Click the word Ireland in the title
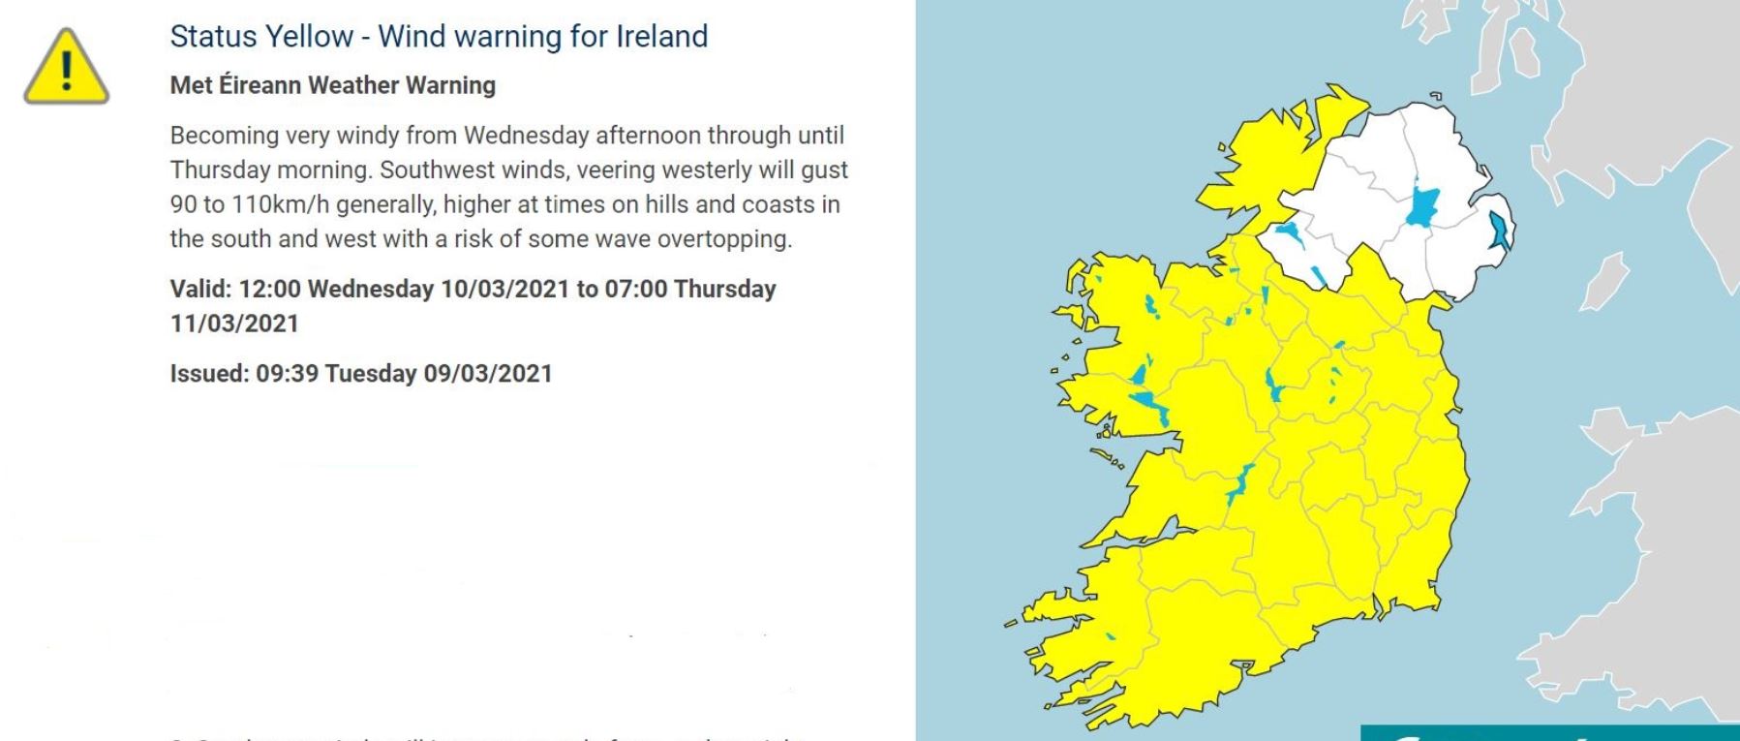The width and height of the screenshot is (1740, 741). [661, 37]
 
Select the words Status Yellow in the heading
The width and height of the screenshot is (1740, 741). [261, 37]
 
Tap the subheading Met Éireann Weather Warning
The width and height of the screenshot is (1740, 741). [332, 85]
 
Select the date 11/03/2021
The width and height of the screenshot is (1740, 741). [234, 324]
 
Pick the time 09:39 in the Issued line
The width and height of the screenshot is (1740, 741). [287, 374]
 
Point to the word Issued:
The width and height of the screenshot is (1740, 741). [209, 374]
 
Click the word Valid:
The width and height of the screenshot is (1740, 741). [201, 289]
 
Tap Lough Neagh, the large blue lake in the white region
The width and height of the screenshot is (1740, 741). [1421, 206]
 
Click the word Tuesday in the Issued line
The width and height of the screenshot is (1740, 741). [371, 374]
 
